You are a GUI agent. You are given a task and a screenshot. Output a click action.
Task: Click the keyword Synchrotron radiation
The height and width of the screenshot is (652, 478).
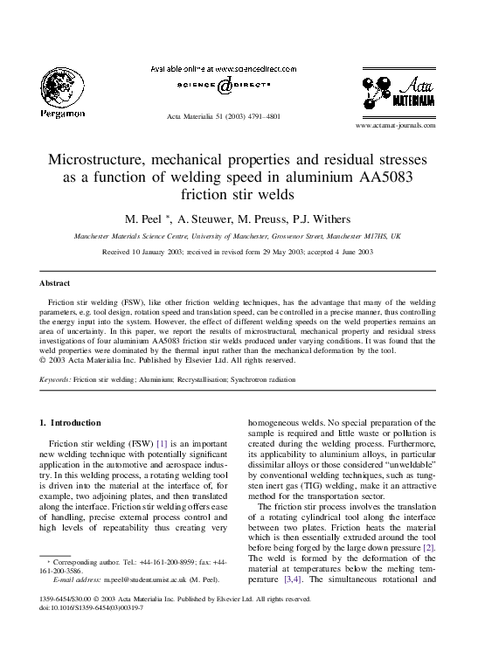pos(263,380)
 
